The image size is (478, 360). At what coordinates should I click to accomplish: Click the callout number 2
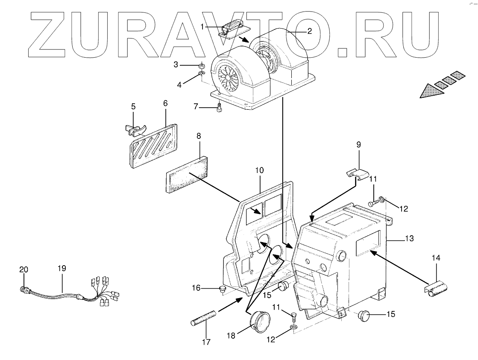pos(310,31)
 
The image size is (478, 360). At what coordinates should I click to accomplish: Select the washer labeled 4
pos(201,76)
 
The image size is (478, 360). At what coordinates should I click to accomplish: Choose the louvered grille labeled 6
pos(152,144)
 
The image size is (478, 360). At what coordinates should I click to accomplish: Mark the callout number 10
pos(260,171)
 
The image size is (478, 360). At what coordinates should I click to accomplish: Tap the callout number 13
pos(409,238)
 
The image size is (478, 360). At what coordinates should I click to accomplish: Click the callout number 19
pos(62,269)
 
